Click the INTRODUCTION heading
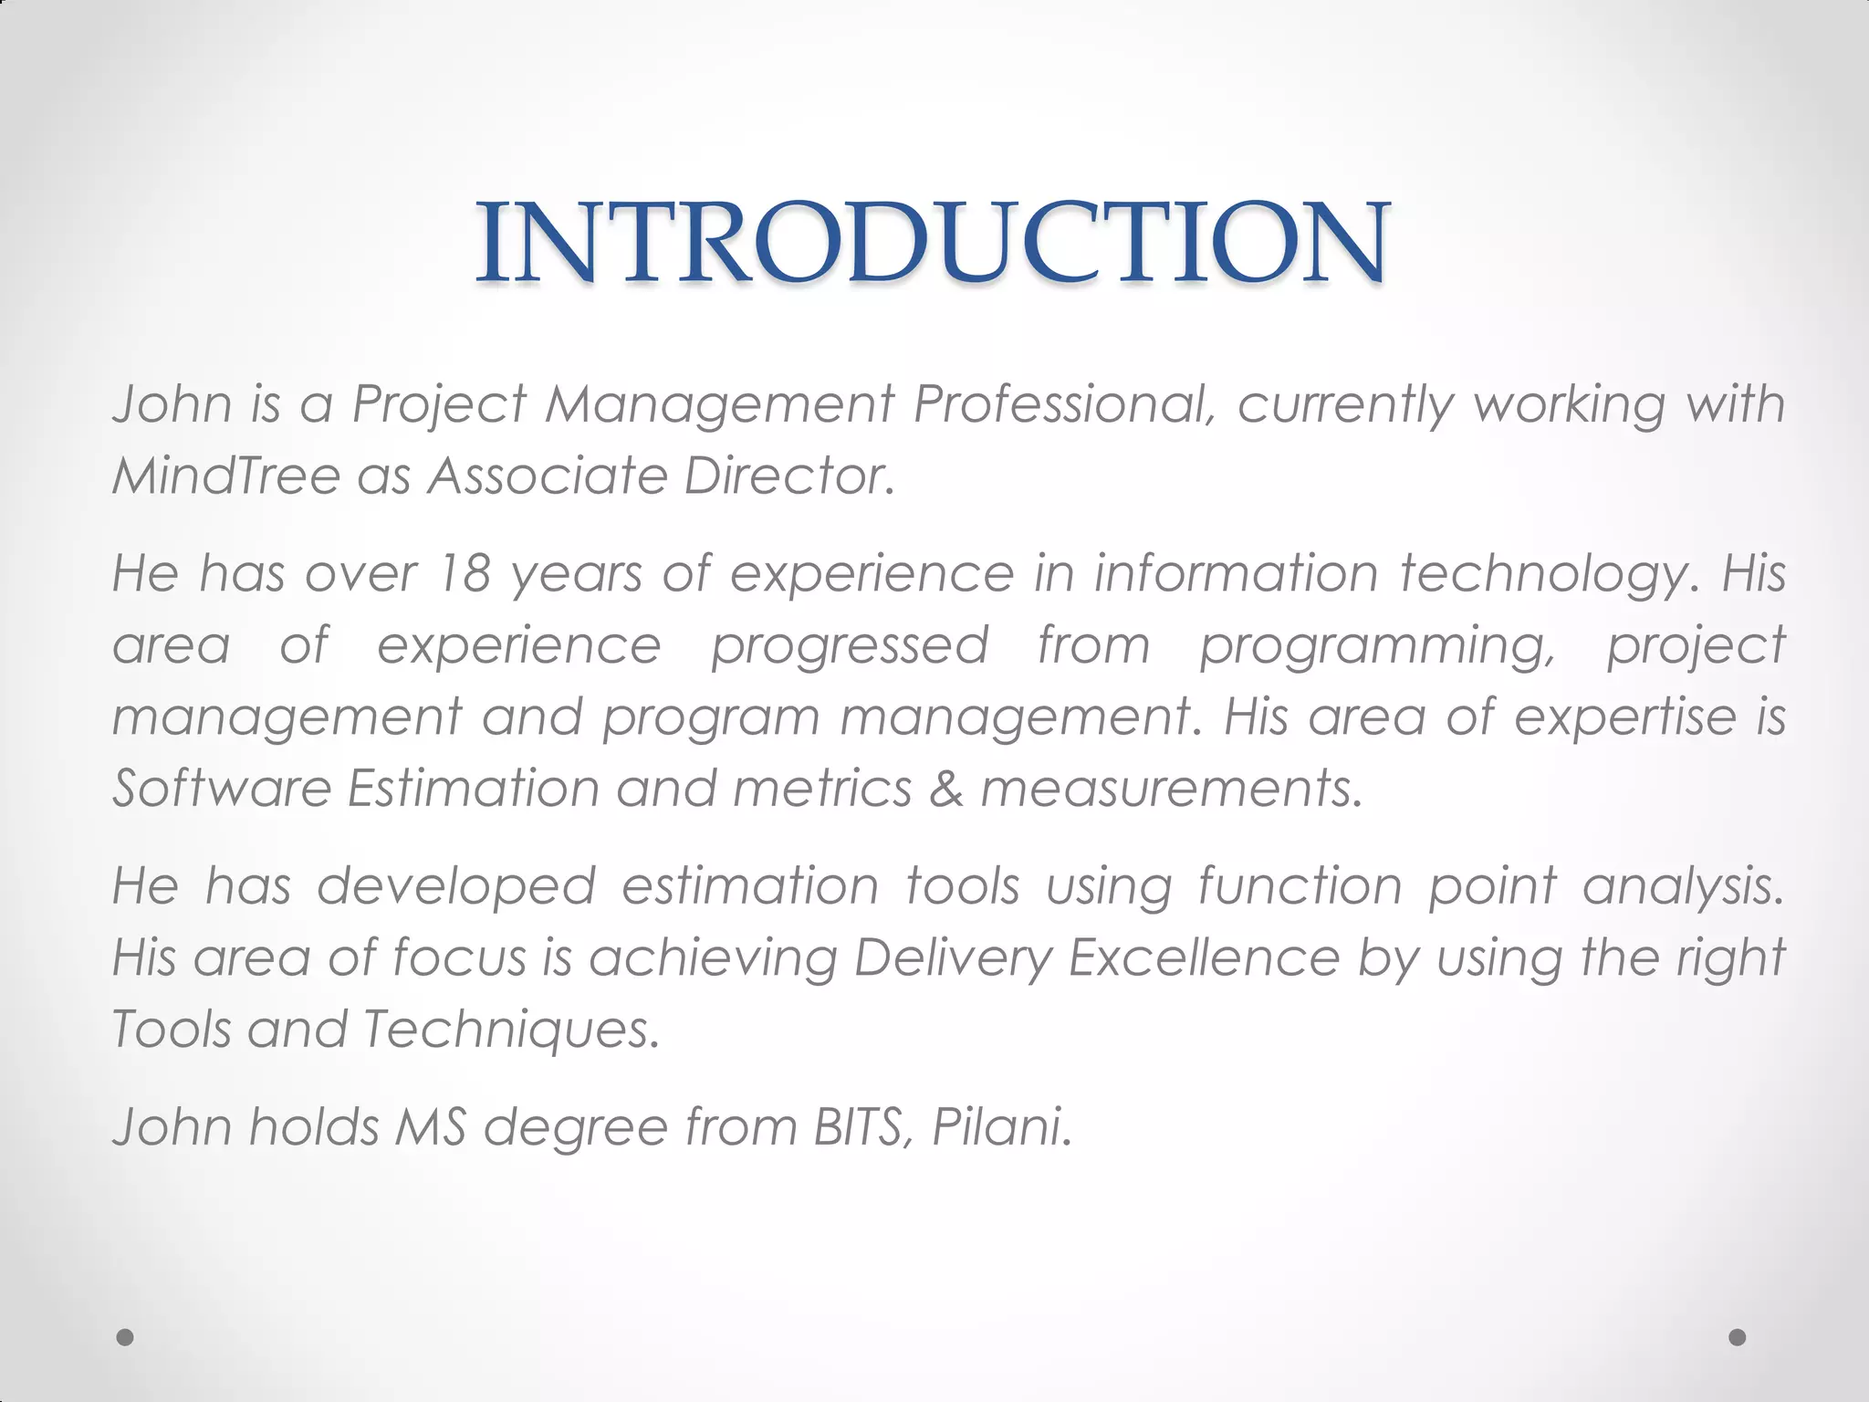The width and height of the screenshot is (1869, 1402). [x=933, y=243]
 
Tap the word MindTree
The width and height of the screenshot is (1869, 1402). [x=226, y=476]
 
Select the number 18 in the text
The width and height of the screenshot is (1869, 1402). [x=465, y=573]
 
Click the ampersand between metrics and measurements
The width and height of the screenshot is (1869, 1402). [x=946, y=788]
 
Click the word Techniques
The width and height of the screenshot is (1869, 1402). [x=510, y=1029]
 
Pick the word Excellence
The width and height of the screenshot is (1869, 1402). [x=1205, y=957]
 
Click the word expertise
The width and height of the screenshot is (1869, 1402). [x=1625, y=717]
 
